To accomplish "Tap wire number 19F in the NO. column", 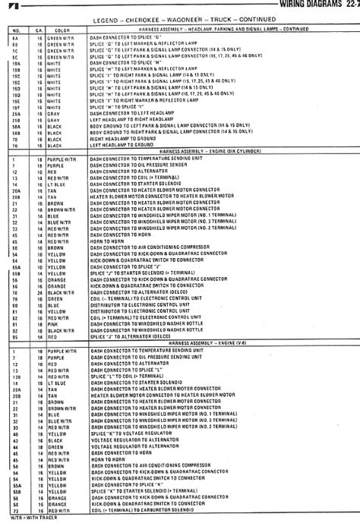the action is [x=14, y=107].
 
